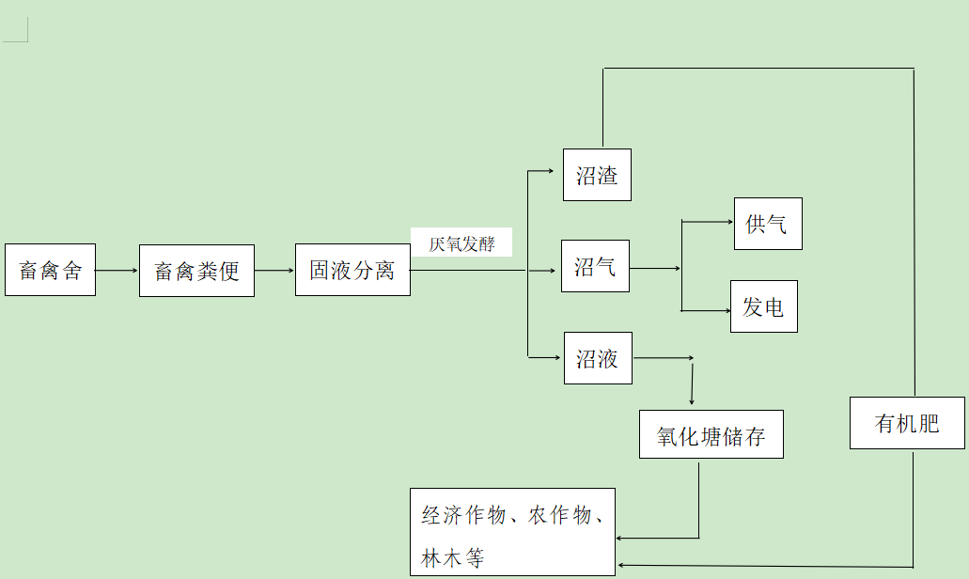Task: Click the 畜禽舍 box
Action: (x=50, y=271)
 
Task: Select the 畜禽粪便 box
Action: (x=196, y=271)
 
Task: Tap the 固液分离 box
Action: (x=352, y=271)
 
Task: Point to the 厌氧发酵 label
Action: (x=461, y=243)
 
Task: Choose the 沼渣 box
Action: (x=597, y=175)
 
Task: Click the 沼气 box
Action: (x=595, y=266)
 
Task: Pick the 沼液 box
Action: (x=598, y=358)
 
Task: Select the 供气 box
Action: (x=768, y=224)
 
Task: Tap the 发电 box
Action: (x=763, y=306)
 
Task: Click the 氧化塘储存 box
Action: (x=711, y=434)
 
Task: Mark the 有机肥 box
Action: (x=907, y=423)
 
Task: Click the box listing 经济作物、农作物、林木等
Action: (x=512, y=532)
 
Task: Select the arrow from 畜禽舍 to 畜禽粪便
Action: (x=117, y=271)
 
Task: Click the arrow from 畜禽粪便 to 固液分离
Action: (x=274, y=271)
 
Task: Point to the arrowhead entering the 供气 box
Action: (x=728, y=223)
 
